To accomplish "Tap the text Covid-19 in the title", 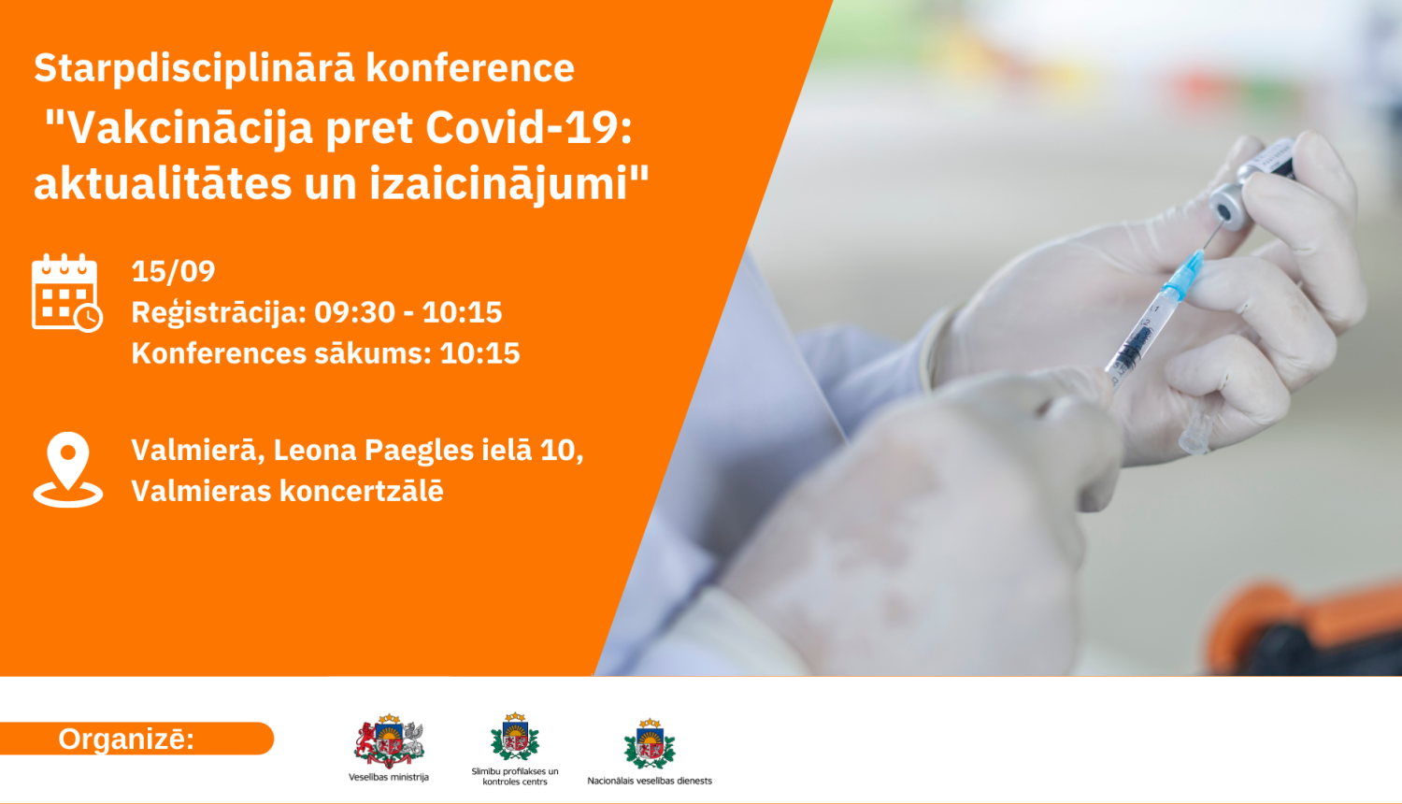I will tap(528, 128).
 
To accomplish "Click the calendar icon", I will tap(66, 293).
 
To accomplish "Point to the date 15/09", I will tap(173, 271).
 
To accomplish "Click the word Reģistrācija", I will tap(218, 312).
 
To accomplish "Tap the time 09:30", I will tap(354, 312).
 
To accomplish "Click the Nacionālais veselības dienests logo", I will tap(650, 744).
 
